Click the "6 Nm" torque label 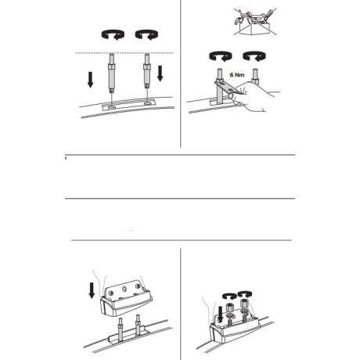pyautogui.click(x=237, y=75)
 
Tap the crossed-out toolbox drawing pyautogui.click(x=255, y=22)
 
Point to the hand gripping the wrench pyautogui.click(x=256, y=96)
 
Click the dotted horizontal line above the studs pyautogui.click(x=124, y=53)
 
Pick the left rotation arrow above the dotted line pyautogui.click(x=113, y=34)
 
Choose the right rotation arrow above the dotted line pyautogui.click(x=146, y=34)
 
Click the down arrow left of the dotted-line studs pyautogui.click(x=90, y=80)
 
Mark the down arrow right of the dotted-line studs pyautogui.click(x=160, y=74)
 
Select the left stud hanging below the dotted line pyautogui.click(x=112, y=73)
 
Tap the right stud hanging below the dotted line pyautogui.click(x=147, y=71)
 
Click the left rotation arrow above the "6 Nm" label pyautogui.click(x=221, y=56)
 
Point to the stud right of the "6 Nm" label pyautogui.click(x=255, y=76)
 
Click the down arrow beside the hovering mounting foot pyautogui.click(x=92, y=290)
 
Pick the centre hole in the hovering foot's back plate pyautogui.click(x=124, y=289)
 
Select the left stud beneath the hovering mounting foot pyautogui.click(x=121, y=329)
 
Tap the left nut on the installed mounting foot pyautogui.click(x=229, y=308)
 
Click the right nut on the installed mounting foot pyautogui.click(x=245, y=304)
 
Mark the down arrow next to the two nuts pyautogui.click(x=220, y=315)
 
